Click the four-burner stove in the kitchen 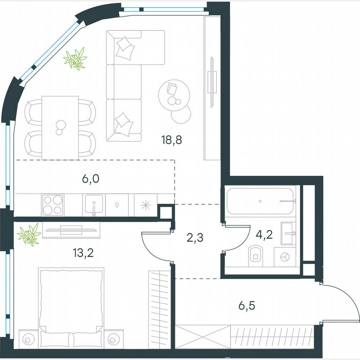tap(52, 205)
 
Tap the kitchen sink tap(94, 205)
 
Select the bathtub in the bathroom tap(260, 201)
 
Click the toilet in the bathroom tap(255, 256)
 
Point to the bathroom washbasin tap(288, 233)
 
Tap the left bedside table tap(28, 340)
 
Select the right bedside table tap(113, 340)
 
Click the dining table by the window tap(60, 127)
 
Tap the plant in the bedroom tap(29, 235)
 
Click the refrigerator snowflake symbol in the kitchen tap(146, 205)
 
